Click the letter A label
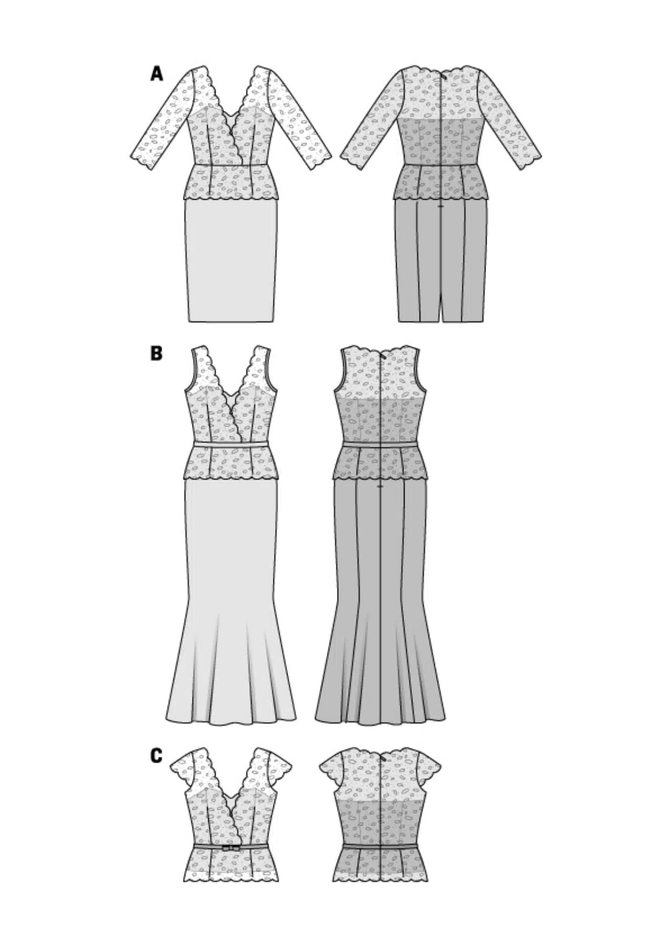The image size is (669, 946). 156,74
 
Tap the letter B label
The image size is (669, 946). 156,353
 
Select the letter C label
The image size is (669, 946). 156,756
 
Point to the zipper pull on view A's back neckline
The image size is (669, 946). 445,75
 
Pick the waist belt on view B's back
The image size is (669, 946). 380,445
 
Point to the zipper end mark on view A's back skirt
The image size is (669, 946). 441,207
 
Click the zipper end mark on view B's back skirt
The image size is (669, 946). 380,487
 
